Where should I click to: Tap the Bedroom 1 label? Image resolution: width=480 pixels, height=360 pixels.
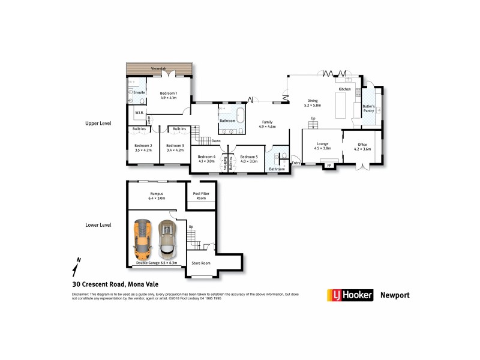[169, 95]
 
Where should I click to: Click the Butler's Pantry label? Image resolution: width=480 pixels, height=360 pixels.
[368, 109]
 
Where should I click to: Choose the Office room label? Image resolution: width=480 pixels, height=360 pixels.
[362, 146]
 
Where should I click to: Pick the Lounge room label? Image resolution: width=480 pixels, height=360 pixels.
[322, 146]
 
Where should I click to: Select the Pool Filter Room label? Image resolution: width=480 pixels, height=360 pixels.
[200, 196]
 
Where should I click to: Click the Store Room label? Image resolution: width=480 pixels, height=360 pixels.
[200, 263]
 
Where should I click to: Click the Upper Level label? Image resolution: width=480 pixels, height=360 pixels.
[99, 124]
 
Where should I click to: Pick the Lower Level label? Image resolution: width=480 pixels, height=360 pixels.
[99, 225]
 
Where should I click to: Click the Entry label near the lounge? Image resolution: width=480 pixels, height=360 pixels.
[295, 163]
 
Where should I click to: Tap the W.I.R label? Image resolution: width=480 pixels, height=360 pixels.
[139, 112]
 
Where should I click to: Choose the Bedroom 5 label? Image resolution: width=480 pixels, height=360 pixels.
[248, 158]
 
